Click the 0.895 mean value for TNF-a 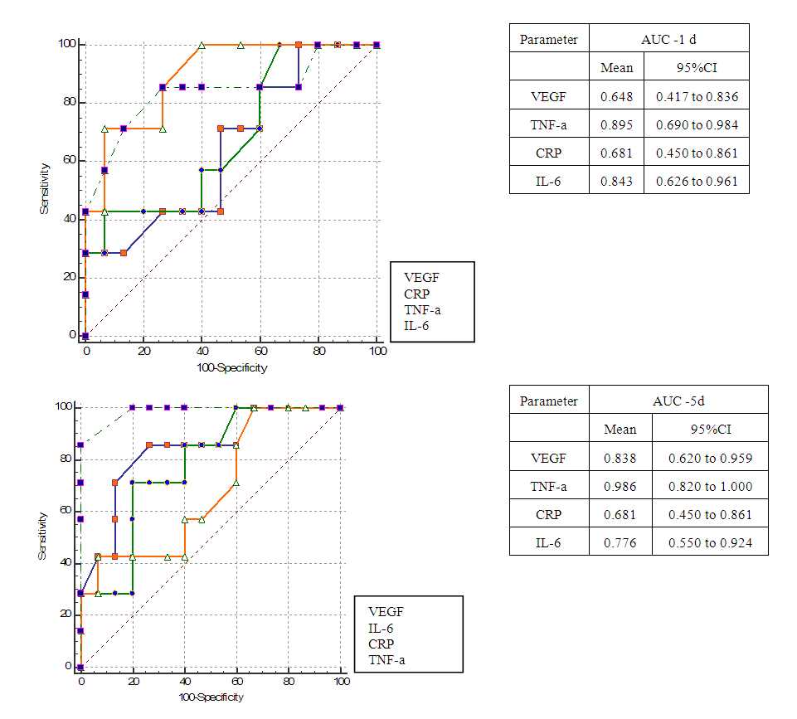click(x=616, y=124)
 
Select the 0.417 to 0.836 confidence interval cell click(x=697, y=96)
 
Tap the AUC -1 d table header click(x=668, y=39)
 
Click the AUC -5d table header click(x=678, y=401)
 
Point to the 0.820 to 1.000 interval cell click(x=710, y=487)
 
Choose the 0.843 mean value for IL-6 click(x=616, y=181)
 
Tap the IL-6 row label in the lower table click(x=549, y=542)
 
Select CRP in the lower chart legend click(x=381, y=644)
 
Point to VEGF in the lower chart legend click(x=386, y=611)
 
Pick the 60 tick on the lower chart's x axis click(x=236, y=682)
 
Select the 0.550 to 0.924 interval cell click(x=710, y=542)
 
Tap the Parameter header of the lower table click(x=549, y=401)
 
